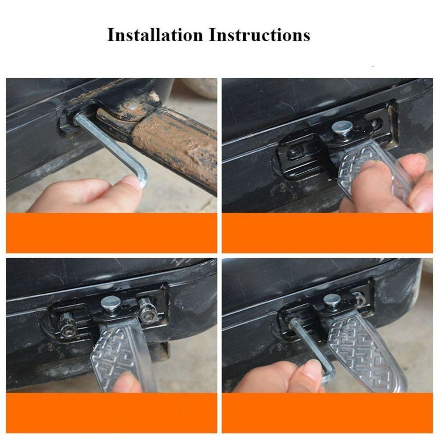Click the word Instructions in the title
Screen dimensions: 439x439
pyautogui.click(x=259, y=35)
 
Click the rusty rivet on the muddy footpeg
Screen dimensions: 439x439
pyautogui.click(x=129, y=105)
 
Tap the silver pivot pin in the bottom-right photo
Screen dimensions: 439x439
pyautogui.click(x=332, y=300)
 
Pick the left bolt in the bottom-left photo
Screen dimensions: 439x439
pyautogui.click(x=68, y=325)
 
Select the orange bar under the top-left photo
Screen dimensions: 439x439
pyautogui.click(x=112, y=233)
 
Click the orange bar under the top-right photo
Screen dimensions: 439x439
pyautogui.click(x=327, y=233)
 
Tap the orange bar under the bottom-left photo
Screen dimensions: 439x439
pyautogui.click(x=112, y=413)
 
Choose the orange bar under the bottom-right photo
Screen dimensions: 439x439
pyautogui.click(x=327, y=413)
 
